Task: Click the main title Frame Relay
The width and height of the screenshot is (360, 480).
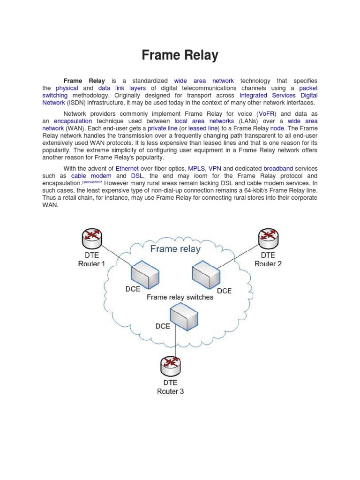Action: coord(180,55)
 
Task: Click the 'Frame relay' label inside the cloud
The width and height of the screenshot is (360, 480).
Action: coord(175,248)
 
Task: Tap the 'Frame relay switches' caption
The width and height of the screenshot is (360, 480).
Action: coord(180,297)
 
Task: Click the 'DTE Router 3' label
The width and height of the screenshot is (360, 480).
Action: coord(170,387)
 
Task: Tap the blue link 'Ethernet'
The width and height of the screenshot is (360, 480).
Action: coord(127,168)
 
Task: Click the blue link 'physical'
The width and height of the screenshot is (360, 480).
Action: coord(67,88)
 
